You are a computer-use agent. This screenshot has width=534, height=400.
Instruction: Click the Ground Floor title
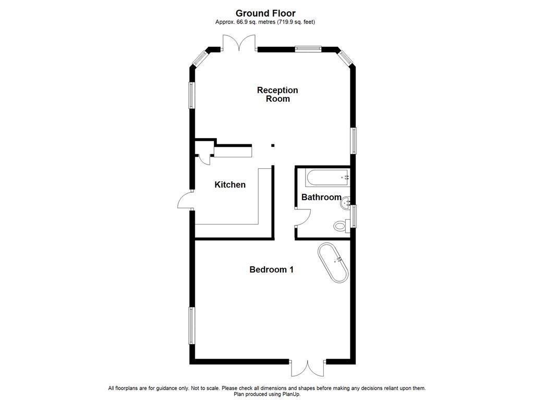coord(265,13)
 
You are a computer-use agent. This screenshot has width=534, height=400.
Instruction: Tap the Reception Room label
coord(277,94)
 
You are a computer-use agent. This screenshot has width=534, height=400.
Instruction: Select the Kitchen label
coord(230,185)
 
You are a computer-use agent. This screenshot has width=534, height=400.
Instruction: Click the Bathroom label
coord(321,197)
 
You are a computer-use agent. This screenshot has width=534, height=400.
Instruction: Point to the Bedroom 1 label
coord(271,269)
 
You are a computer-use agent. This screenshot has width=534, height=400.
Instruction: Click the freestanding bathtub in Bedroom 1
coord(333,262)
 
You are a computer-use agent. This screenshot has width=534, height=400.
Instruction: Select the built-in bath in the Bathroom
coord(327,178)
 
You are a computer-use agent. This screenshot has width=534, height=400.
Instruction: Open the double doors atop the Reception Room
coord(239,43)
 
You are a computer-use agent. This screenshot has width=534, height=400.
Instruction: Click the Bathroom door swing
coord(304,217)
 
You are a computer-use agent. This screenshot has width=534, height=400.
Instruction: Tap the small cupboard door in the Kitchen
coord(205,158)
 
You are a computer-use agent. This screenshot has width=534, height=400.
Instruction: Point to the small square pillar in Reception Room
coord(272,146)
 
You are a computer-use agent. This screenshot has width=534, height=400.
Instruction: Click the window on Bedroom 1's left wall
coord(191,326)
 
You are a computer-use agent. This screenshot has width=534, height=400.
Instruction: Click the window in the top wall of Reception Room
coord(307,49)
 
